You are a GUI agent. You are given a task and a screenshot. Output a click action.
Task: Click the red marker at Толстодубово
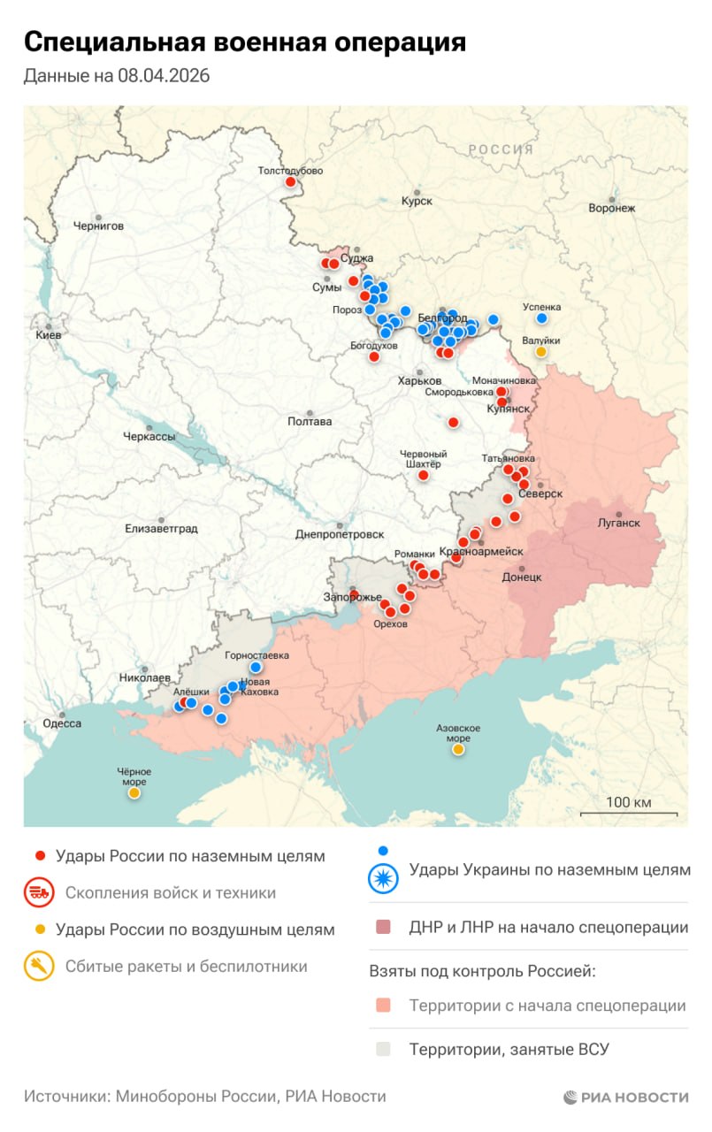click(291, 182)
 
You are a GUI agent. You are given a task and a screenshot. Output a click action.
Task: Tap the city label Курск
click(417, 201)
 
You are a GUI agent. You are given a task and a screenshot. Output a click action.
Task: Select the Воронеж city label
click(612, 208)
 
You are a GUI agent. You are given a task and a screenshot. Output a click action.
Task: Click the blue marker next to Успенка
click(541, 318)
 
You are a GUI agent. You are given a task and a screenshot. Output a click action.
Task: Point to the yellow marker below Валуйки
click(540, 352)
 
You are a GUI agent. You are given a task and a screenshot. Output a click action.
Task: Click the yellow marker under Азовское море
click(458, 750)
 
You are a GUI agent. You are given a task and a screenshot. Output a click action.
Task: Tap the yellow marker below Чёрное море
click(134, 793)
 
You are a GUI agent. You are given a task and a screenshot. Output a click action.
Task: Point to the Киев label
click(48, 335)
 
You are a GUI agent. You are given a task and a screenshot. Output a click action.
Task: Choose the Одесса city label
click(62, 723)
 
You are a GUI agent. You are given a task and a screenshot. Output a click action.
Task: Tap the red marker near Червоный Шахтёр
click(423, 476)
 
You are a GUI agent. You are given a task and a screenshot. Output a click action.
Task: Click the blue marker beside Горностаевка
click(256, 668)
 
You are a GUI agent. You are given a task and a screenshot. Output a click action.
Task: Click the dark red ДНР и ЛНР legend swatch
click(383, 928)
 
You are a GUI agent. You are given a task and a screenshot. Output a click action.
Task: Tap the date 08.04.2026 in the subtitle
click(163, 76)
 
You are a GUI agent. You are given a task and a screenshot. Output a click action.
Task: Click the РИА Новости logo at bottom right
click(625, 1098)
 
